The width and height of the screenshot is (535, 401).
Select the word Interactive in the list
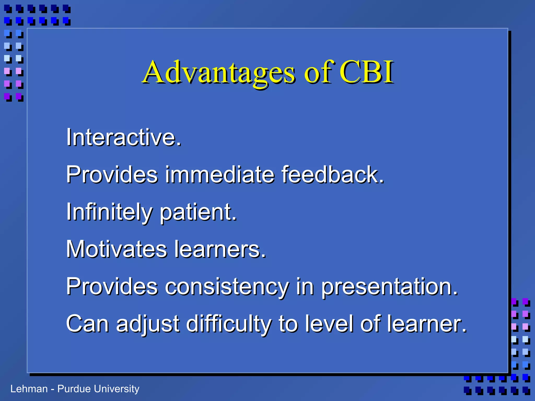[123, 138]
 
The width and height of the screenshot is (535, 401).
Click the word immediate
[220, 175]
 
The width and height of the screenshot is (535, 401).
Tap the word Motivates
[116, 249]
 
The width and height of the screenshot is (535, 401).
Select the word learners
[220, 249]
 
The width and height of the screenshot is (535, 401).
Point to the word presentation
[389, 287]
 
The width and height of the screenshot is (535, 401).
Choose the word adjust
[148, 324]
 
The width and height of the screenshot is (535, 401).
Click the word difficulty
[229, 324]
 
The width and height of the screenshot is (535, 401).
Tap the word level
[329, 324]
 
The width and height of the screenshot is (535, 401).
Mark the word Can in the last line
[87, 324]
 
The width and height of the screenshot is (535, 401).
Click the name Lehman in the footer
[29, 389]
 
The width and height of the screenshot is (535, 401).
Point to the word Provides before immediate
[112, 175]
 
